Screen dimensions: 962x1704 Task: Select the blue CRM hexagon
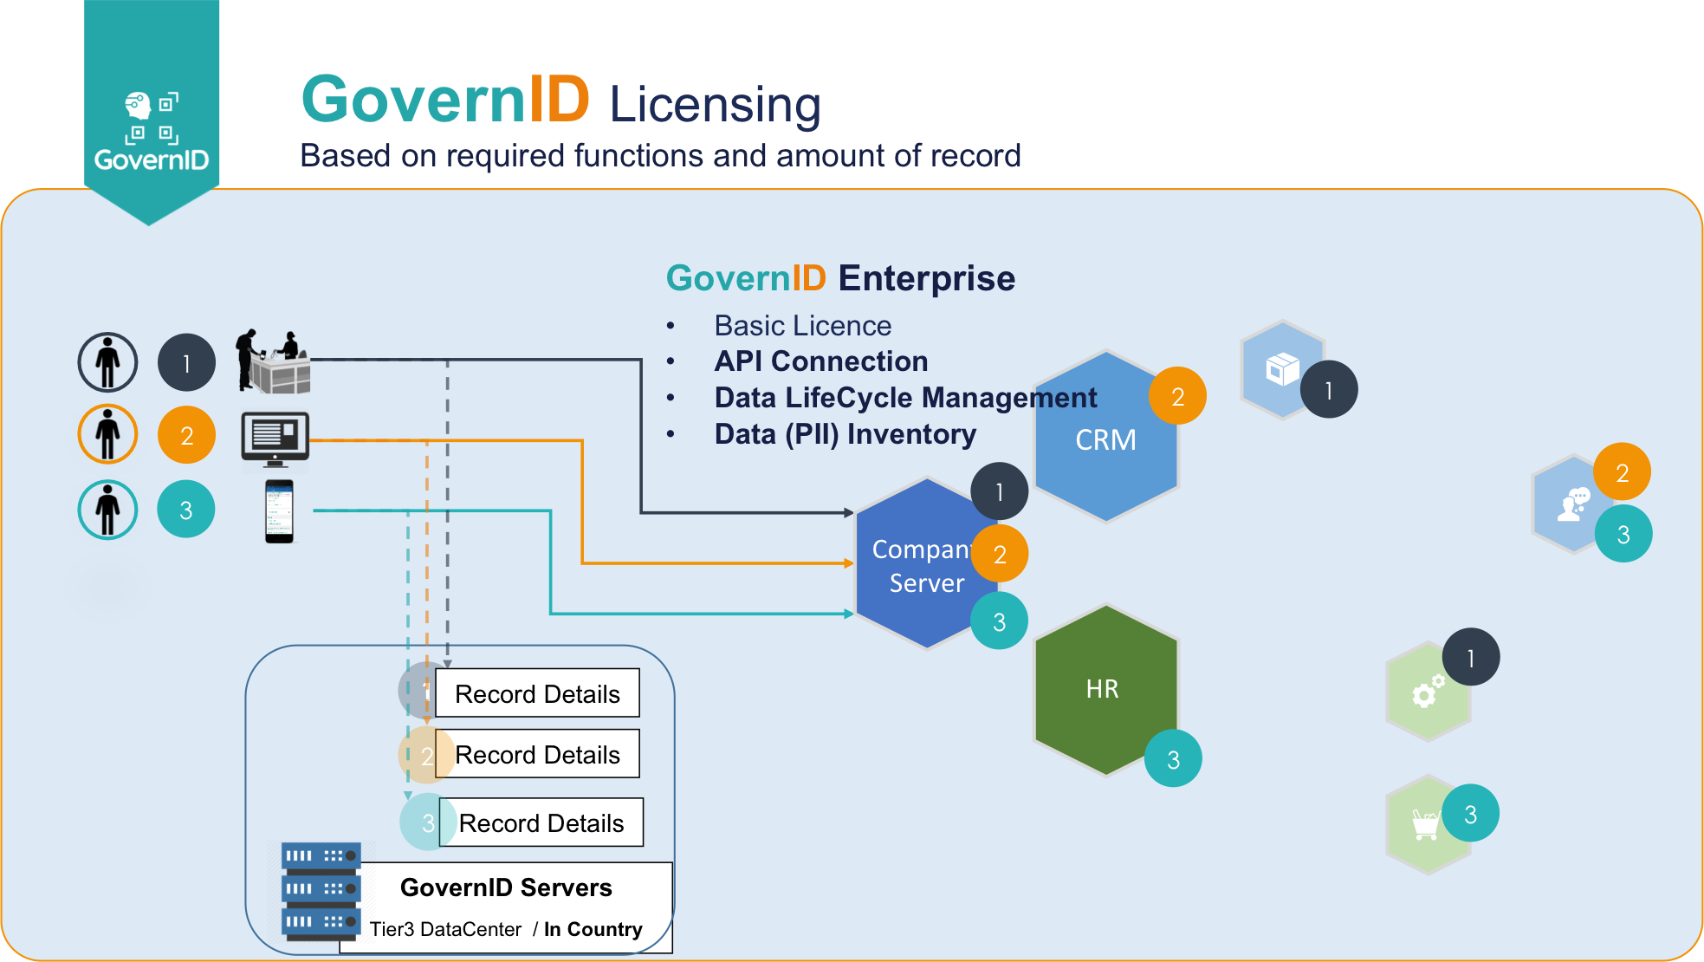pos(1105,439)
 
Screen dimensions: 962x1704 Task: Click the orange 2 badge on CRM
pos(1177,396)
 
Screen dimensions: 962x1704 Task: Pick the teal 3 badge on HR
pos(1173,759)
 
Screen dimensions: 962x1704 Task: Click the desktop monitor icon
pos(275,438)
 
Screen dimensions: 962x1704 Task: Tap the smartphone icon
pos(279,511)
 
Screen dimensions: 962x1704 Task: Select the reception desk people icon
pos(273,361)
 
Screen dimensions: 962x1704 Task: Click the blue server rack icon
pos(321,891)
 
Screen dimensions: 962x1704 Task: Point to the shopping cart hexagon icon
pos(1425,824)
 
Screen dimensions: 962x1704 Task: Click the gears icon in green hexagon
pos(1427,692)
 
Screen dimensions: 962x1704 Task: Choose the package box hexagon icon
pos(1281,369)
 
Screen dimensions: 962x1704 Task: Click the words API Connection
pos(820,361)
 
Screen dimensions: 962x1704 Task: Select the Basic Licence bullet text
pos(802,326)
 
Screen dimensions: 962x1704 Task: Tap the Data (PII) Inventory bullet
pos(845,434)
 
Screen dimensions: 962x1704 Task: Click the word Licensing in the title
pos(715,104)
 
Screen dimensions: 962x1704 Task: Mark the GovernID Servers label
pos(506,887)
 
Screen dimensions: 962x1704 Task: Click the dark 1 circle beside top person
pos(186,362)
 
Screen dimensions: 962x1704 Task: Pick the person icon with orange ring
pos(107,434)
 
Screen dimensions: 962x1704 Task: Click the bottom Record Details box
pos(541,822)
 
